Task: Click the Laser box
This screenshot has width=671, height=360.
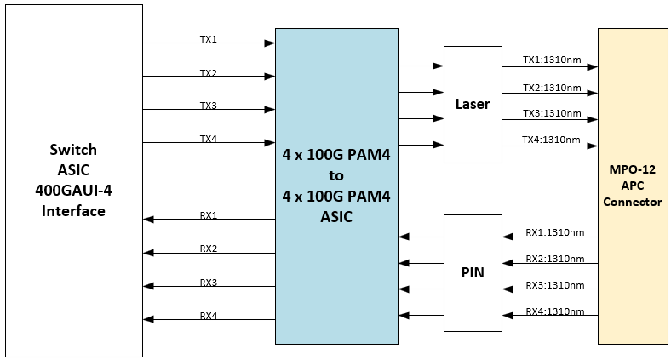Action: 473,105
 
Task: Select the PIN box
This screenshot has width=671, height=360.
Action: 473,273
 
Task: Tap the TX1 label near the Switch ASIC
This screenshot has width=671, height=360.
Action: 209,39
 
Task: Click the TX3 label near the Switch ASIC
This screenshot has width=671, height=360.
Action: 209,106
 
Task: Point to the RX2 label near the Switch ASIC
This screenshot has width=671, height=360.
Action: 209,249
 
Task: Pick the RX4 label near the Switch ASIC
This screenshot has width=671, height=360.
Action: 209,316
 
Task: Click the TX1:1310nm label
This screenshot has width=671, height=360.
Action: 552,61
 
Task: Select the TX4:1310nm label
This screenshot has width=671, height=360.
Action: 552,140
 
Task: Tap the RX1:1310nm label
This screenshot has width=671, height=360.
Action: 554,231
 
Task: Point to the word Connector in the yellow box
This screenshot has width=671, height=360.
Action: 632,202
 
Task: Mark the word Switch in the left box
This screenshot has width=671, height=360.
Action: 73,149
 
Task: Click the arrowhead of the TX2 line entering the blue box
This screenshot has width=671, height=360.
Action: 270,76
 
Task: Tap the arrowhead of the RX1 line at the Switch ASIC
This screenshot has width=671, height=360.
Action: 148,220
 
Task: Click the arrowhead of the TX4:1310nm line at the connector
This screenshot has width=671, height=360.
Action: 593,146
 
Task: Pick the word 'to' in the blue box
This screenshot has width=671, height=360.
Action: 336,175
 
